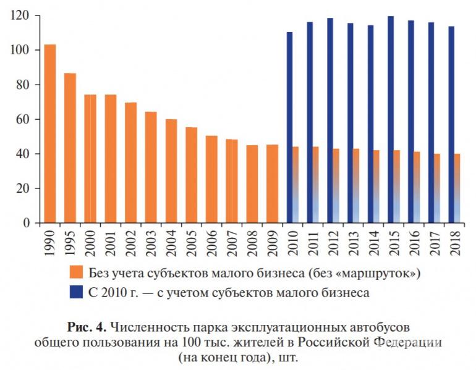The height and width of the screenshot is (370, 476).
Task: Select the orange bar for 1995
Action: click(70, 148)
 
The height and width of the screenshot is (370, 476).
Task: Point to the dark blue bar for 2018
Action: click(451, 124)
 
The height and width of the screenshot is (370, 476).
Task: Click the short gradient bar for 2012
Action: click(336, 185)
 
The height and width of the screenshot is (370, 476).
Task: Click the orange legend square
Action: click(76, 272)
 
